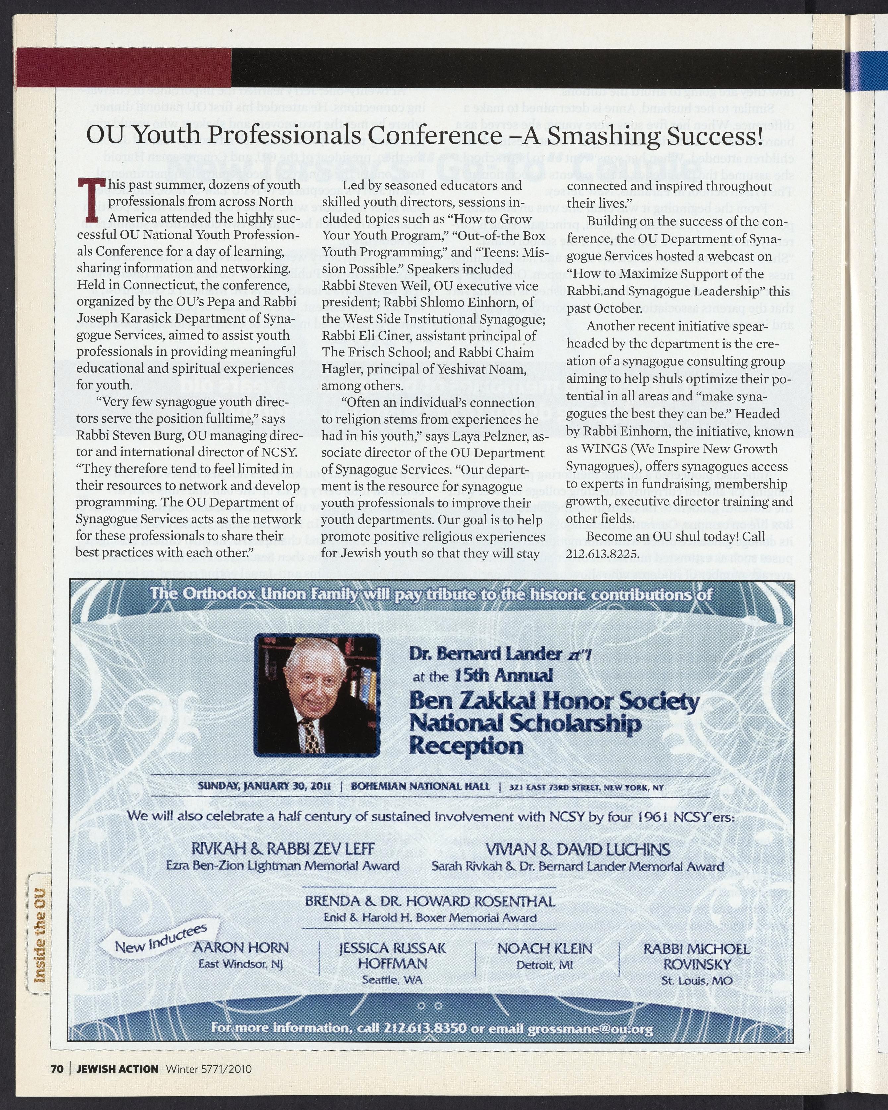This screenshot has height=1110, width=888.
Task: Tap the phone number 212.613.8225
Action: [x=603, y=554]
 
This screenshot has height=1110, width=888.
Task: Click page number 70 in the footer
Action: [x=57, y=1069]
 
